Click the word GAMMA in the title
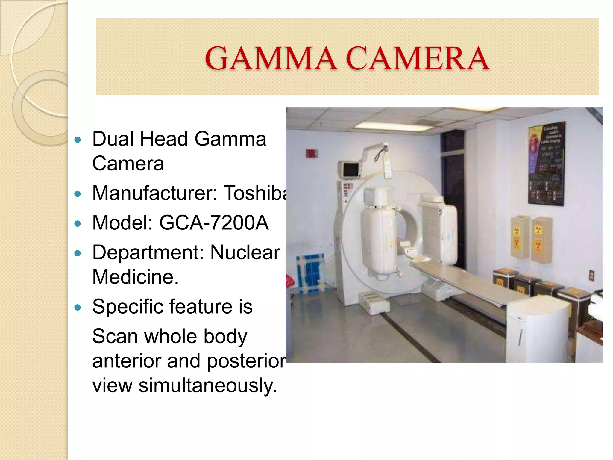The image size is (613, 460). tap(271, 58)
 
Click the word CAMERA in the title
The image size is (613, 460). tap(418, 58)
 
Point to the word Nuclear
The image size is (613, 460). tap(245, 252)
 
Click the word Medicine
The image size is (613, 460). tap(135, 277)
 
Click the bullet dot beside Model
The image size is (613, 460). tap(78, 224)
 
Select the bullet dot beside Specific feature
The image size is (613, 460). tap(78, 308)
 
